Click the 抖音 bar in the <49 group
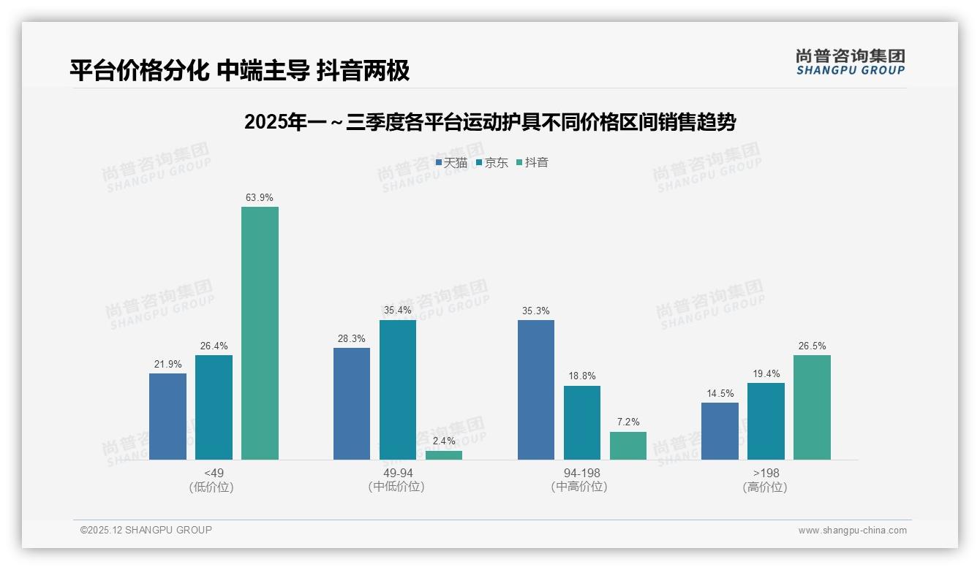(x=260, y=333)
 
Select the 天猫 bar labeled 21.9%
(x=167, y=417)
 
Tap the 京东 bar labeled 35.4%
(x=397, y=389)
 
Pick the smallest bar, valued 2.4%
(x=444, y=455)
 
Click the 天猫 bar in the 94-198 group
(x=535, y=389)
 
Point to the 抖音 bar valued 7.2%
(x=627, y=446)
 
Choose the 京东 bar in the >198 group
(x=766, y=421)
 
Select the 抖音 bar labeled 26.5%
(x=812, y=407)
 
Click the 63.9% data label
(x=260, y=197)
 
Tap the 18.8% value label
(x=582, y=376)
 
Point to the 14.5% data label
(x=720, y=393)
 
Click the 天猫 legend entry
(x=451, y=163)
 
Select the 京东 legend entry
(x=492, y=163)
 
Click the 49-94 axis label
(x=396, y=473)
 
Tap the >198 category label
(x=766, y=473)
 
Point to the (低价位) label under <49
(x=212, y=487)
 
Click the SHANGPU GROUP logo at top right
(x=850, y=62)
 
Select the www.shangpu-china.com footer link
(x=852, y=531)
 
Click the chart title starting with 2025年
(x=489, y=122)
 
